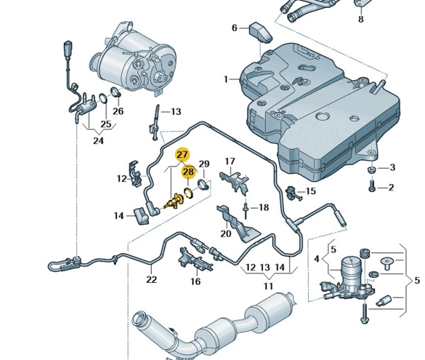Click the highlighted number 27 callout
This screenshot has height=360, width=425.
[182, 154]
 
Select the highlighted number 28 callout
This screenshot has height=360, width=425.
[188, 171]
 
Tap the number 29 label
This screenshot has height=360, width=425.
[204, 164]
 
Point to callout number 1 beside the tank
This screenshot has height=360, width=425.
[226, 79]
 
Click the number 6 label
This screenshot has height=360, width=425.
[234, 28]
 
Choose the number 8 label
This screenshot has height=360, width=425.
[360, 19]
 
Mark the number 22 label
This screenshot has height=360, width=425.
[151, 279]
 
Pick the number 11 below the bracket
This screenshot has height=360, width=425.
[268, 286]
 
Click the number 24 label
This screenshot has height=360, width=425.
[98, 141]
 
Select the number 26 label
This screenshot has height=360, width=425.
[118, 111]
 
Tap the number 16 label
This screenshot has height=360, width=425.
[195, 281]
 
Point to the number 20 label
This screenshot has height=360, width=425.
[226, 233]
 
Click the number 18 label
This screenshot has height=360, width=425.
[263, 208]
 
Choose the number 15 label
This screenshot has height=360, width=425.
[310, 191]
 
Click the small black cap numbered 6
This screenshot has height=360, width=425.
[258, 31]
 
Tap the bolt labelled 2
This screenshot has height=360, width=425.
[371, 187]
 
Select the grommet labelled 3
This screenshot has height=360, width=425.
[372, 170]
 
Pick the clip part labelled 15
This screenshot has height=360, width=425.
[291, 191]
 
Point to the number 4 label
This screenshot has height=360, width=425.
[317, 259]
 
